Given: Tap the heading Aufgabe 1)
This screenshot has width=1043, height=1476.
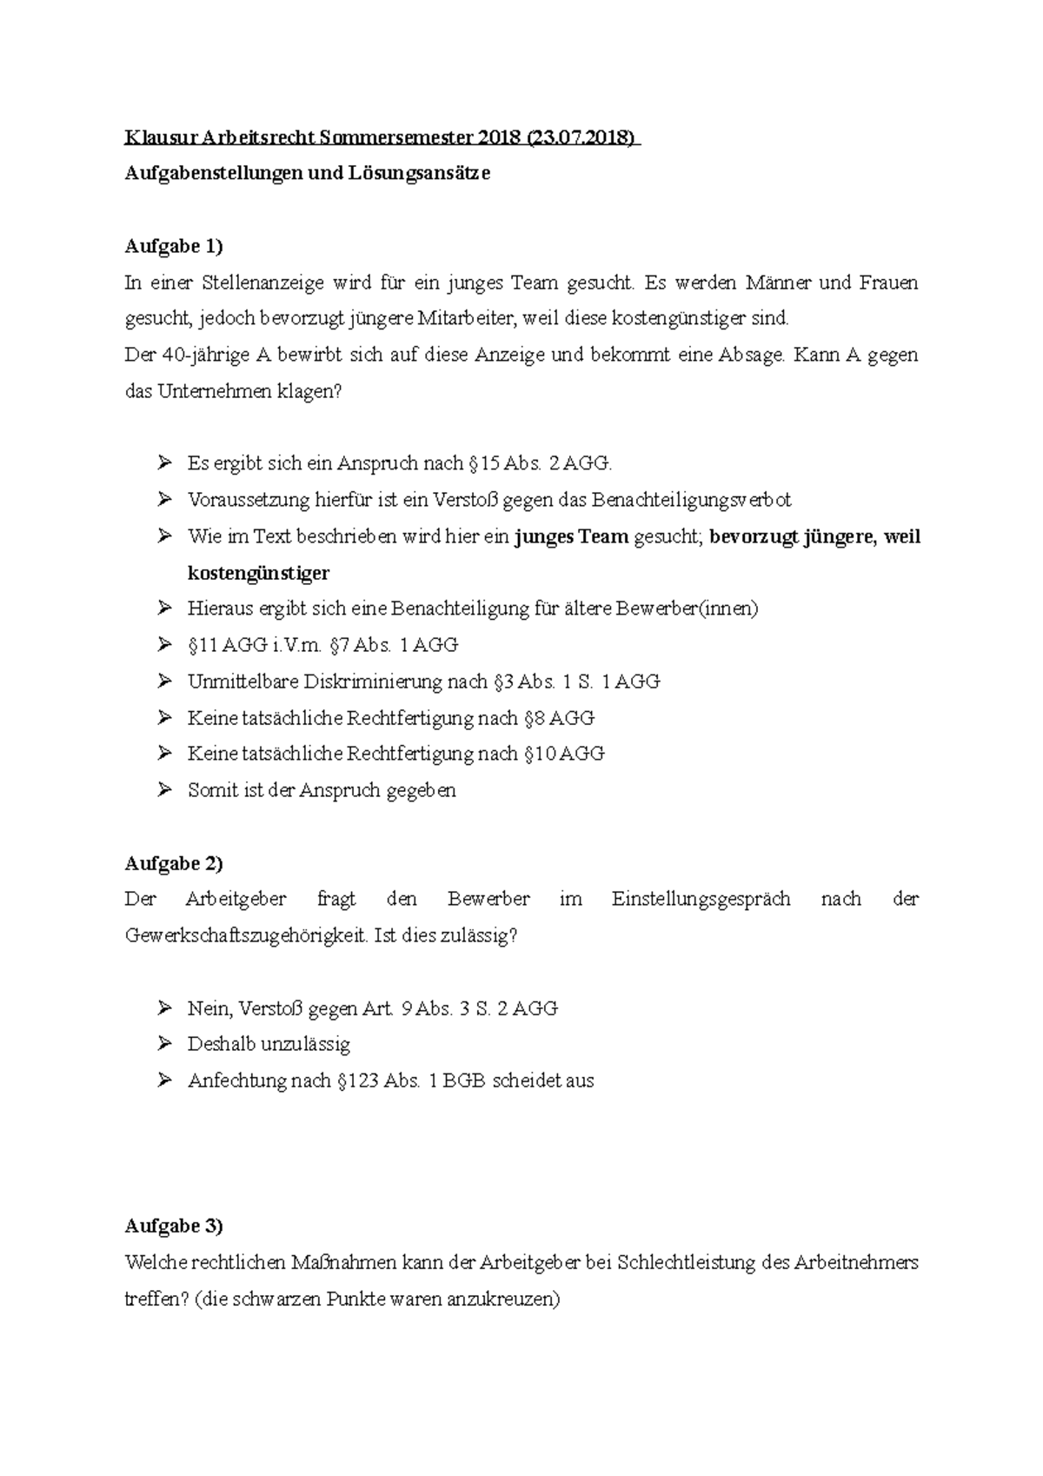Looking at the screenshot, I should click(x=174, y=246).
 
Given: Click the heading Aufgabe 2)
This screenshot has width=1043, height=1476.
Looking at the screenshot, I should click(x=174, y=863).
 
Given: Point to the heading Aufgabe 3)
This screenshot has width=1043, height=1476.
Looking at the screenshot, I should click(x=174, y=1226).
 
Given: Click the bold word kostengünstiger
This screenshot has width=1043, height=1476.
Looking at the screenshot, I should click(x=258, y=573).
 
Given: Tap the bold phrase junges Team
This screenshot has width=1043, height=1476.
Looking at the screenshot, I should click(x=571, y=536).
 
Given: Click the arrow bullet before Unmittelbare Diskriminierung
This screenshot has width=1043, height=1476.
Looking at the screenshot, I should click(x=164, y=681).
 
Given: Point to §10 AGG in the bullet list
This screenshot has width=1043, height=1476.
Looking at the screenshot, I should click(x=564, y=754).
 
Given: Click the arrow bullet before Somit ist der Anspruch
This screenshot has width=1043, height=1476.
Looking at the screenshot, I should click(x=164, y=789).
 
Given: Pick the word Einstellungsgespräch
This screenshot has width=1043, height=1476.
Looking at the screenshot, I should click(x=701, y=899).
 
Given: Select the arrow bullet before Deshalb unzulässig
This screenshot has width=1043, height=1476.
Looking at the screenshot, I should click(x=164, y=1043).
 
